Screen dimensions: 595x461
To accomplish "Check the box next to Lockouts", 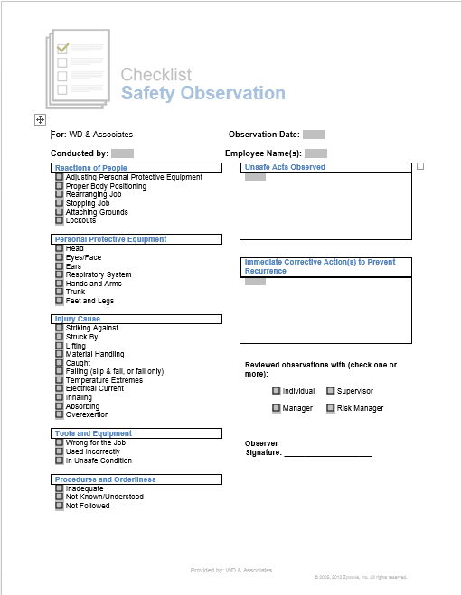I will (x=60, y=221).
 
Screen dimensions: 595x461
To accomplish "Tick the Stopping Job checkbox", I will (x=60, y=204).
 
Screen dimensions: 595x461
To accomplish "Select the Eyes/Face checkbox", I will (x=60, y=257).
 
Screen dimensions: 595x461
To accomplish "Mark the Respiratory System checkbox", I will (x=60, y=274).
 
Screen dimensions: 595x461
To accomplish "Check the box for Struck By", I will (x=60, y=337).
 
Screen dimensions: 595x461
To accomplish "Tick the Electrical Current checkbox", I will (x=60, y=389).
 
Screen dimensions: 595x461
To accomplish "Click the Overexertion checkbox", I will (x=60, y=415).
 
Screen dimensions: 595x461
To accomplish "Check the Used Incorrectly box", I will (x=60, y=451).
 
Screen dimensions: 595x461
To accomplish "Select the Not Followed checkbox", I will (x=60, y=506).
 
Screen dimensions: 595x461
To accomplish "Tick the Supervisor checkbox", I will (x=331, y=391).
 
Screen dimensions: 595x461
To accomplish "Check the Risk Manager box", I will (x=331, y=408).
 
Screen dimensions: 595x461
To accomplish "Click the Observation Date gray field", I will (x=314, y=135).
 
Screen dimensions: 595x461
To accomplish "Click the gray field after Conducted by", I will (x=123, y=153).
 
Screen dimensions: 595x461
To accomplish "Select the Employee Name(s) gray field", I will (x=315, y=153).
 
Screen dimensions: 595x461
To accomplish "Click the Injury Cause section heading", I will (x=77, y=319).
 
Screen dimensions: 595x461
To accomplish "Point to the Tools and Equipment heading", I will (x=93, y=433).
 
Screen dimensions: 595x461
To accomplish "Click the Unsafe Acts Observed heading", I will (x=284, y=167).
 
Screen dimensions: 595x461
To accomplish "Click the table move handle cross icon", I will (x=40, y=119).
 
